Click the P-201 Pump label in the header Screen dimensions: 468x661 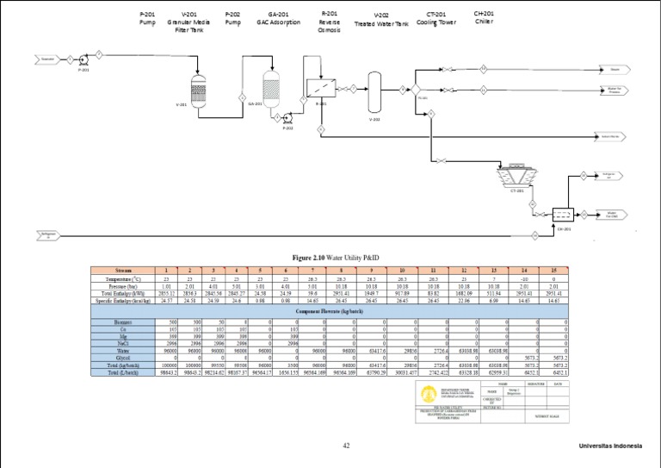(148, 18)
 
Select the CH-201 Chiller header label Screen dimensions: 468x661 (485, 17)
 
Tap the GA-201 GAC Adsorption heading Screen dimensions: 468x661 (278, 18)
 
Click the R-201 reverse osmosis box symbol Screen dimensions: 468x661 (322, 89)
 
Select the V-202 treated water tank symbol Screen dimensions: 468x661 (374, 89)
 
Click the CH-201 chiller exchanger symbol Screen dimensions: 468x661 (564, 214)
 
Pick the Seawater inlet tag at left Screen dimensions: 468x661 (48, 59)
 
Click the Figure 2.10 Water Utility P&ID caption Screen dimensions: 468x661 (330, 257)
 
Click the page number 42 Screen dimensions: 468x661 (346, 446)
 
